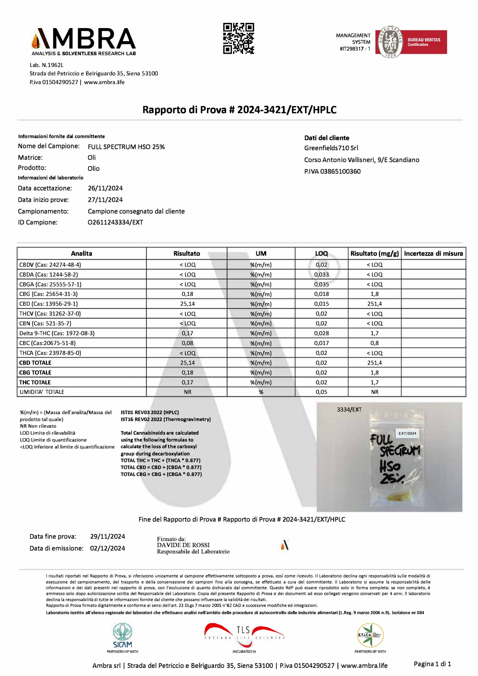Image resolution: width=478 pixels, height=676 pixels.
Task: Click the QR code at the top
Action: click(x=238, y=38)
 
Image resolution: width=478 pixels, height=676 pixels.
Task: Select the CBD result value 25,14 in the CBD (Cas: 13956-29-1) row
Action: click(x=187, y=303)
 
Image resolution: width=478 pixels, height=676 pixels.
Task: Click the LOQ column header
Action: click(x=321, y=253)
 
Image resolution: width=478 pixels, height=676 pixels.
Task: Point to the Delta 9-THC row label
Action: click(x=57, y=333)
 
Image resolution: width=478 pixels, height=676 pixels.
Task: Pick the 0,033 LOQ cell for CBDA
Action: click(x=321, y=274)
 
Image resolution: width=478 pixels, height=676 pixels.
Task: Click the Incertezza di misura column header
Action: click(x=433, y=253)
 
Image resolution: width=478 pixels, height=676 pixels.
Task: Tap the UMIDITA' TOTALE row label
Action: click(x=42, y=392)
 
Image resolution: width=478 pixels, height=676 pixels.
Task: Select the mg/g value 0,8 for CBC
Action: click(x=374, y=343)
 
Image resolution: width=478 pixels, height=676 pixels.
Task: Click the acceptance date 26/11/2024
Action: click(x=105, y=188)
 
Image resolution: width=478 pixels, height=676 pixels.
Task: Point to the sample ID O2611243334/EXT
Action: click(x=115, y=222)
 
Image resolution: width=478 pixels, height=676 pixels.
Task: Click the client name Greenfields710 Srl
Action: click(x=331, y=148)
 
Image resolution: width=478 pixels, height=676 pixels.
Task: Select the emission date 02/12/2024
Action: click(x=108, y=548)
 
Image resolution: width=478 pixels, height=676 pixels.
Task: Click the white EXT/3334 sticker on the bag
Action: click(x=407, y=434)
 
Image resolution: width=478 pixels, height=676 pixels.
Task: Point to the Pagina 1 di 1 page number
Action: click(x=432, y=664)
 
